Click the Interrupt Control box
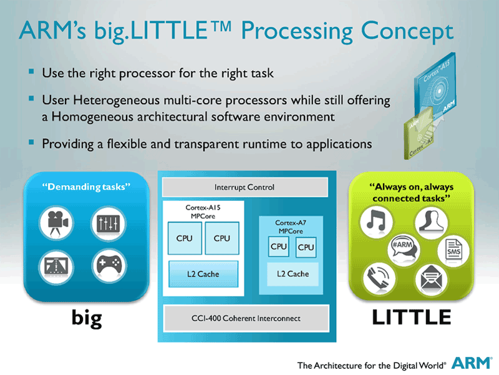tap(245, 187)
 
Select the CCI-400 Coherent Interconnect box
tap(245, 318)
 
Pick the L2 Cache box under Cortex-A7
tap(289, 274)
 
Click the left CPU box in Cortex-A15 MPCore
tap(185, 238)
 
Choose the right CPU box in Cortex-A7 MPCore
tap(306, 247)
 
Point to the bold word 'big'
tap(86, 319)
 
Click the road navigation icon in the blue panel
tap(57, 266)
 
